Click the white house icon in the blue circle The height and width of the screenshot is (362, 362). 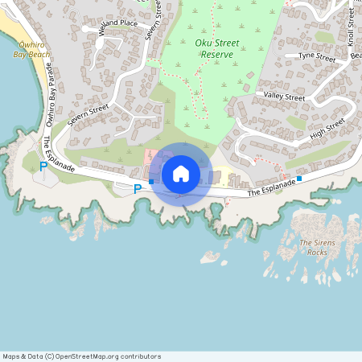180,173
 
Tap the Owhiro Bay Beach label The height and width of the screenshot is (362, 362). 32,50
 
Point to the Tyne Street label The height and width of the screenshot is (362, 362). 316,57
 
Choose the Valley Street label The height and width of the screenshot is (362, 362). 285,97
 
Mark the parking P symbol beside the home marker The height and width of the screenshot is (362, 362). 138,189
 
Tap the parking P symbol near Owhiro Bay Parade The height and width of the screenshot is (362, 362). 43,167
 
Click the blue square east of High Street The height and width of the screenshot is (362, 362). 299,179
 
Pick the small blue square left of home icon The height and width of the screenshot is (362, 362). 151,182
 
